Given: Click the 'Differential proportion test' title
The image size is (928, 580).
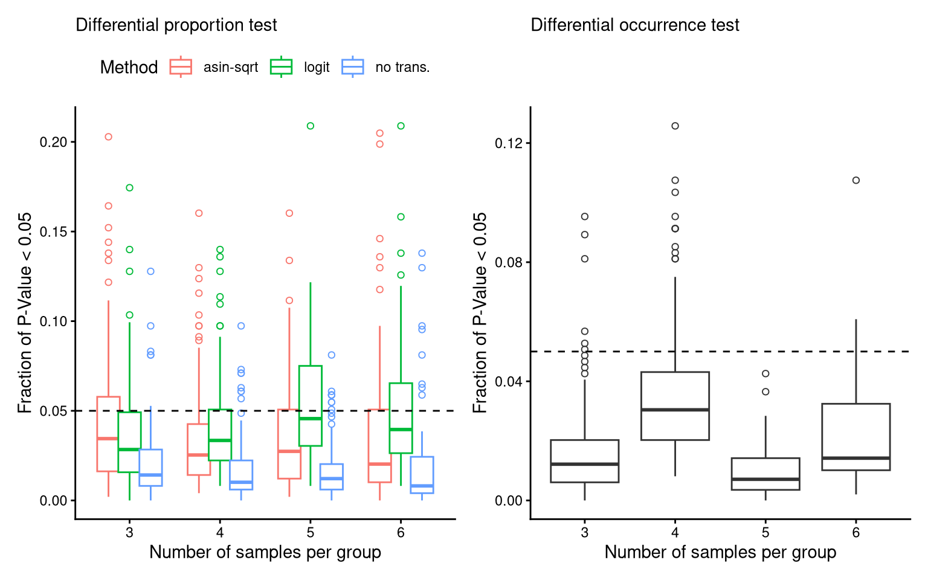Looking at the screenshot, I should point(176,25).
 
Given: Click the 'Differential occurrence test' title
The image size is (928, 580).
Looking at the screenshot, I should point(634,25).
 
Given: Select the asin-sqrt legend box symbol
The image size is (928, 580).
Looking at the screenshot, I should point(181,66).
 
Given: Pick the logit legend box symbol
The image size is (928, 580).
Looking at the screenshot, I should point(281,66).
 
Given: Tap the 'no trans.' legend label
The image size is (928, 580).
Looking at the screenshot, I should point(402,67).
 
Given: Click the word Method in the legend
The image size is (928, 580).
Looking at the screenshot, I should point(129,67).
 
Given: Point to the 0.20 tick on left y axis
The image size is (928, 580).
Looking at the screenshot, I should point(53,142).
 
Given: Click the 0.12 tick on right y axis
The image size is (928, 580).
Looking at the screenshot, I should point(508,143).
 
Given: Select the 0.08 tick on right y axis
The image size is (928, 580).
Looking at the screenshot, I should point(508,262).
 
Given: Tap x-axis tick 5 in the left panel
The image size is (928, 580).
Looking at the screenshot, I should point(310,533).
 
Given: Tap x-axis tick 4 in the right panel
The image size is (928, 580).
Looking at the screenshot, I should point(675,533).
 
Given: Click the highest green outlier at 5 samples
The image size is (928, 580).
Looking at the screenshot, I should point(311,126).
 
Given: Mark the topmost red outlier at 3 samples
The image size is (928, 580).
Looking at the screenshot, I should point(109,137).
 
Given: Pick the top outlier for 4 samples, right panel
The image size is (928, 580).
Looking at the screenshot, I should point(675,126).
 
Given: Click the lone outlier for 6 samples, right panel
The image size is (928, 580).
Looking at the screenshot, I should point(856,180).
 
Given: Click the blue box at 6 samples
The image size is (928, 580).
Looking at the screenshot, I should point(422,475).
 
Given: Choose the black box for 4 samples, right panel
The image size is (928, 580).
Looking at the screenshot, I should point(675,406).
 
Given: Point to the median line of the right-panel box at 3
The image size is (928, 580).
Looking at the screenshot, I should point(585,464).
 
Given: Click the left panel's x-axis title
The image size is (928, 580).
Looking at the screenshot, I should point(265,552).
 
